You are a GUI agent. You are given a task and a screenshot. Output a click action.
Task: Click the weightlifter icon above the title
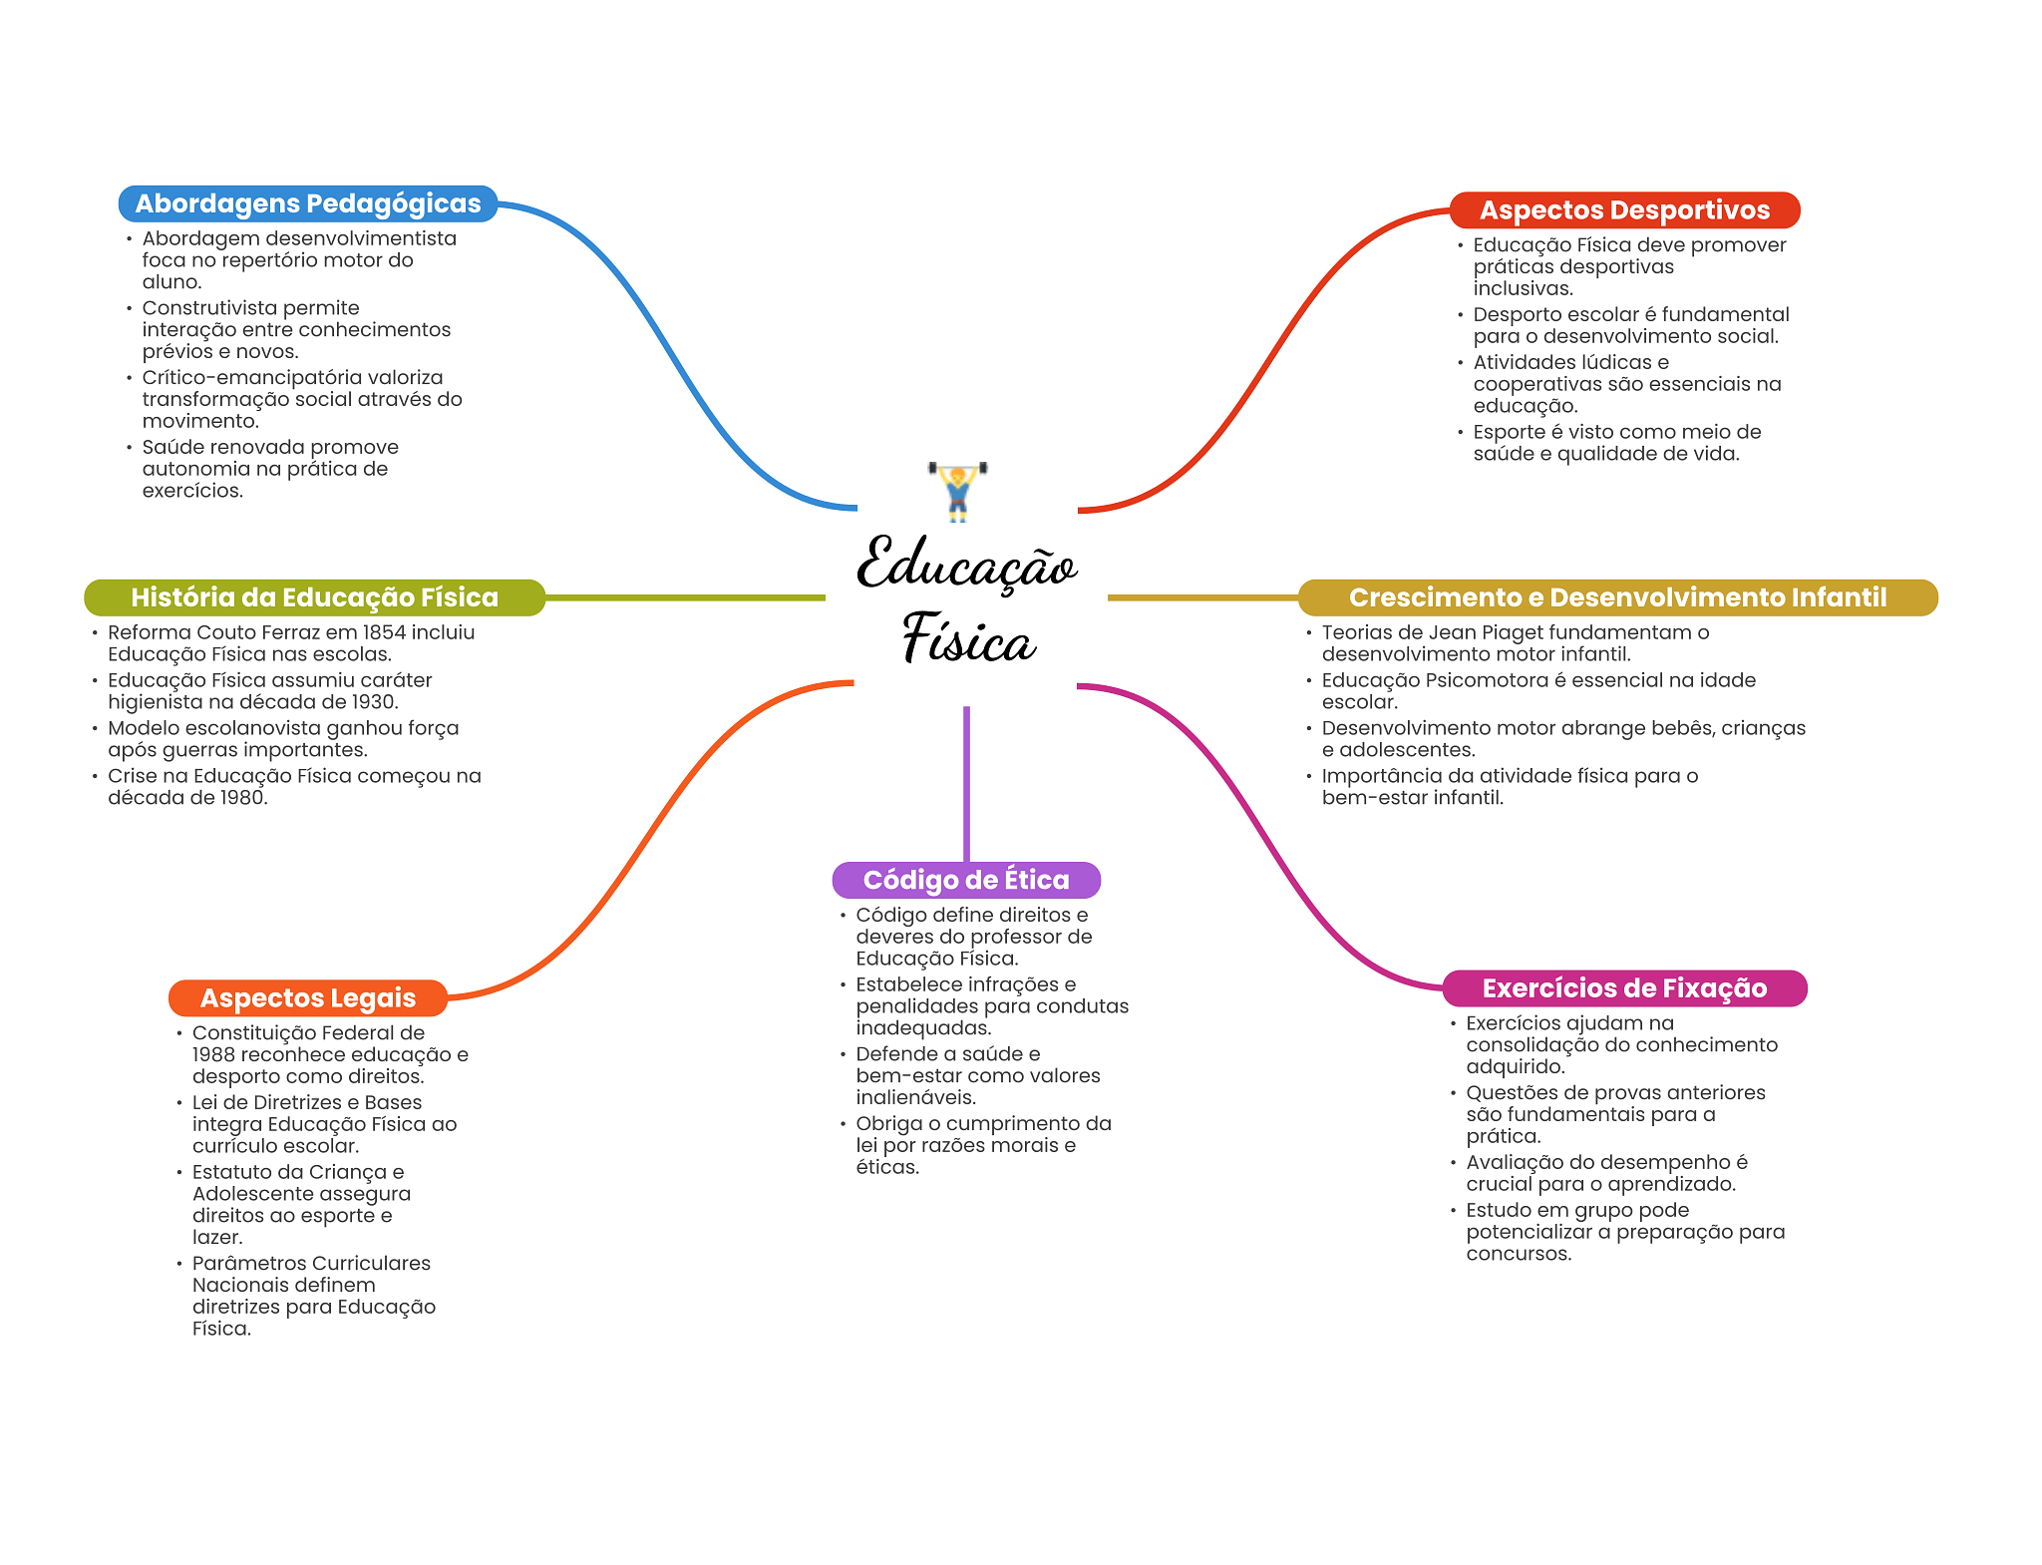coord(957,490)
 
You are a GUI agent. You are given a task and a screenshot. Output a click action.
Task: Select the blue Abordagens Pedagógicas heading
coord(308,203)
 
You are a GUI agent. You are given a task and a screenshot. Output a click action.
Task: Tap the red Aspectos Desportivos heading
coord(1624,210)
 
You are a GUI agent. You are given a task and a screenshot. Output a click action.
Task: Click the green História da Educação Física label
coord(314,597)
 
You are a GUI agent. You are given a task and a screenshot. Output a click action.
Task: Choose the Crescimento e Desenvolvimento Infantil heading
coord(1617,597)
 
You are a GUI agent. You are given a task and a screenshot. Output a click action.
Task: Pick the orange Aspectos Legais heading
coord(308,997)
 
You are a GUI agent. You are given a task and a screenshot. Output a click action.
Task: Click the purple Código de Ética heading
coord(966,880)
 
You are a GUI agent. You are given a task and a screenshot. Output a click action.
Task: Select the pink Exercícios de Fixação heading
coord(1624,988)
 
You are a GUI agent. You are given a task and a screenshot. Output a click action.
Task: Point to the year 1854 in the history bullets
coord(384,632)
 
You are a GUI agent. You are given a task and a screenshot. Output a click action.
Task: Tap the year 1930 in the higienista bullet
coord(371,702)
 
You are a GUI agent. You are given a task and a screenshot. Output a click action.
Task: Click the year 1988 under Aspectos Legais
coord(213,1055)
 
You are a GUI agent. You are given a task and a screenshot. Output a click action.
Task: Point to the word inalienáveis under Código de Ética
coord(914,1098)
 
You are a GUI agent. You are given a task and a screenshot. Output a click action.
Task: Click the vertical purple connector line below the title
coord(966,783)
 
